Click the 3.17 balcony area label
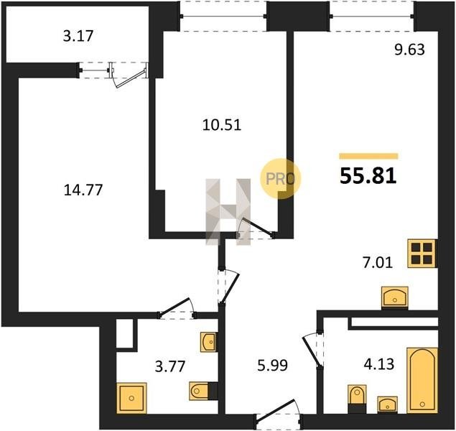pyautogui.click(x=78, y=37)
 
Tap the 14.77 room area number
pyautogui.click(x=83, y=190)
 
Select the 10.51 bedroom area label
pyautogui.click(x=222, y=125)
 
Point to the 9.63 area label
pyautogui.click(x=409, y=50)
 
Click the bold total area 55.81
pyautogui.click(x=368, y=176)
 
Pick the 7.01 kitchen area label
pyautogui.click(x=378, y=263)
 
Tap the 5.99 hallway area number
pyautogui.click(x=272, y=366)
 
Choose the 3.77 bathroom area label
pyautogui.click(x=170, y=366)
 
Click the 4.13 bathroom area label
pyautogui.click(x=379, y=363)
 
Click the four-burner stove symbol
pyautogui.click(x=422, y=254)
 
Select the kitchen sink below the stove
pyautogui.click(x=395, y=297)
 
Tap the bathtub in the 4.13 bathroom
pyautogui.click(x=422, y=380)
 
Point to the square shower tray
pyautogui.click(x=131, y=398)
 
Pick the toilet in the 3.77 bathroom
pyautogui.click(x=203, y=391)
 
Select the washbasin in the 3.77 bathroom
pyautogui.click(x=208, y=342)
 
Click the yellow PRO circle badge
pyautogui.click(x=280, y=179)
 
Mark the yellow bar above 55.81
pyautogui.click(x=368, y=156)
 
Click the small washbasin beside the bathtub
pyautogui.click(x=387, y=404)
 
